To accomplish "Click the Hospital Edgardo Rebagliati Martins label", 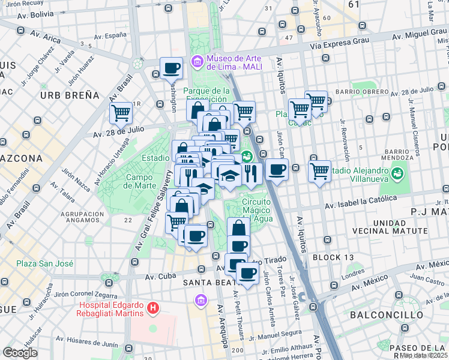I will (x=112, y=308).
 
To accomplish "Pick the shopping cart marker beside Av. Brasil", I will (x=121, y=112).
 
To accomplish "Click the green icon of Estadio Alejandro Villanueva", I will (x=396, y=173).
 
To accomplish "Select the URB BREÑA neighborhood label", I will (x=70, y=95).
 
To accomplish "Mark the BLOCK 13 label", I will (x=333, y=257).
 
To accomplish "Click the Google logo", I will (x=20, y=353).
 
